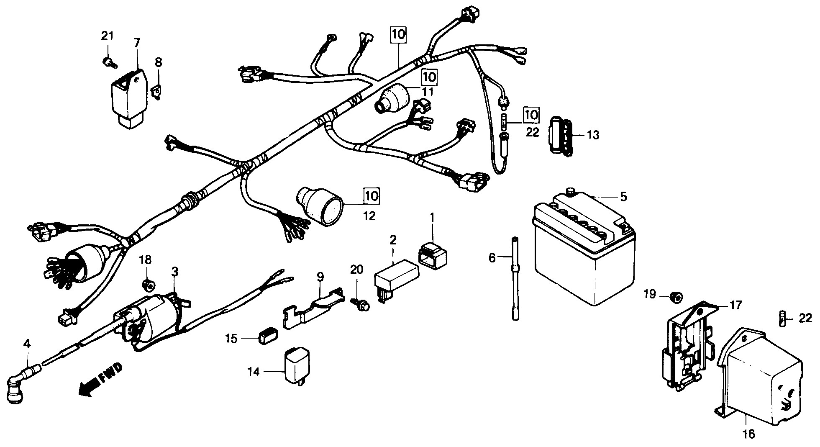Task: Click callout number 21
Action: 108,36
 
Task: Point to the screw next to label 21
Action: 109,62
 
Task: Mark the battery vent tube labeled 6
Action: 515,278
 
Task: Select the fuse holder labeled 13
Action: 560,136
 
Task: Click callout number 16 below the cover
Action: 749,434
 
